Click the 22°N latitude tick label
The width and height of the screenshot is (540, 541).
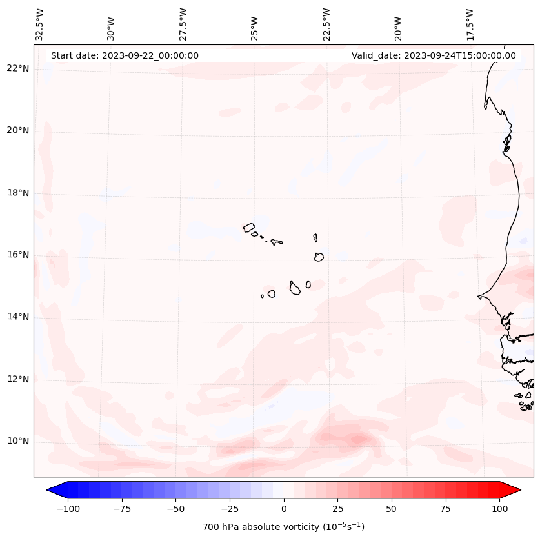[17, 69]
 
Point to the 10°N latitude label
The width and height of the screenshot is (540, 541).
[17, 442]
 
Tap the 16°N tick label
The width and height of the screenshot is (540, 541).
[17, 255]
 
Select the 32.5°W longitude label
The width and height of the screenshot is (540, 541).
[40, 24]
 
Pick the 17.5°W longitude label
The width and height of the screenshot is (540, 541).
[470, 24]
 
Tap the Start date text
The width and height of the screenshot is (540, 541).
[125, 55]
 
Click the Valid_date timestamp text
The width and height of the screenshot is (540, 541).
[434, 55]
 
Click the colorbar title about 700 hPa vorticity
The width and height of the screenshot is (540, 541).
[283, 527]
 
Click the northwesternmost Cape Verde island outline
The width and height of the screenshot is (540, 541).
[249, 228]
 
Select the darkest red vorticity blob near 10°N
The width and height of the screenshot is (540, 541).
[357, 439]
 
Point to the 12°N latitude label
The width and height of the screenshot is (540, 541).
[17, 379]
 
